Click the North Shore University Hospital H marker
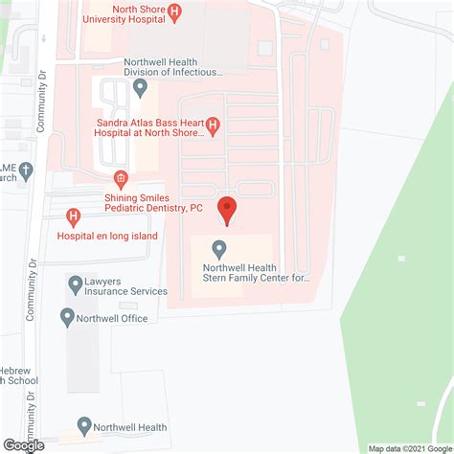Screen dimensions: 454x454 [173, 12]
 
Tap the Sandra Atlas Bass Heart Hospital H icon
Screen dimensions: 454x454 [214, 125]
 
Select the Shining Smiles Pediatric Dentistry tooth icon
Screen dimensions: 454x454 [121, 178]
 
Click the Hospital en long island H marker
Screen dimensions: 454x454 [73, 219]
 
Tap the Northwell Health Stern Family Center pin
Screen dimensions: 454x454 [219, 248]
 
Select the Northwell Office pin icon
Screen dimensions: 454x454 [68, 317]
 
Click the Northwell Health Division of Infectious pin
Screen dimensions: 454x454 [141, 88]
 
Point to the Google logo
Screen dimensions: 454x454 [24, 444]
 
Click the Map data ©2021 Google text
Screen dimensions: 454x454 [410, 448]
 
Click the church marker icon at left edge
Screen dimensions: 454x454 [26, 170]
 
